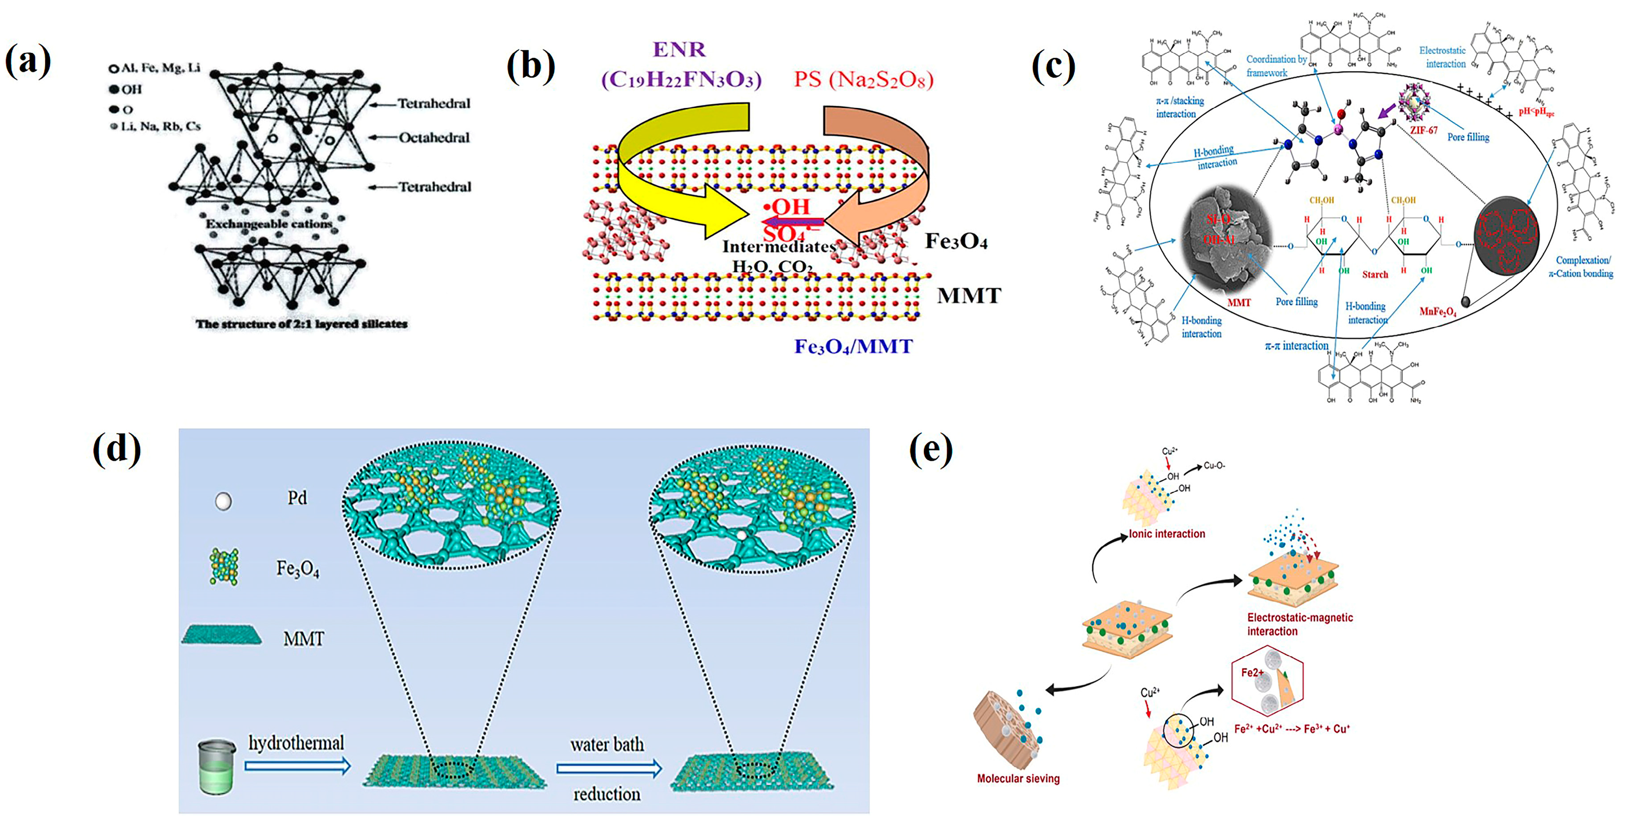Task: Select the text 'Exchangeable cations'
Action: (269, 224)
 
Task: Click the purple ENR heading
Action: (679, 49)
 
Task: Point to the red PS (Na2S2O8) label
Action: (863, 80)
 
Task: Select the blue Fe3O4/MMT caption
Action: (853, 347)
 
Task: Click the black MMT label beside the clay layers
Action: (968, 296)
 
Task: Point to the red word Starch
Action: (1375, 275)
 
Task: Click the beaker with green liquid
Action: (217, 766)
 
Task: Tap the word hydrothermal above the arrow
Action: (296, 743)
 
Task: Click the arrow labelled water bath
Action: (609, 769)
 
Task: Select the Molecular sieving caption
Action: (1018, 778)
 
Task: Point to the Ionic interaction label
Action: (1167, 534)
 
